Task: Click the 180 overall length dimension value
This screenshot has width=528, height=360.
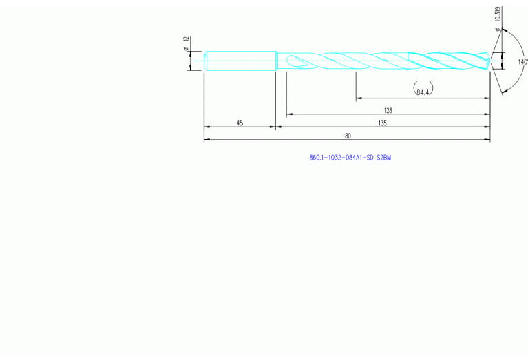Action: pos(347,136)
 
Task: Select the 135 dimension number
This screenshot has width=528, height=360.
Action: pos(383,123)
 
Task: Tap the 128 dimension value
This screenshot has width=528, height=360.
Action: pos(388,109)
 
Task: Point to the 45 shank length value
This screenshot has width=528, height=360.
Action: pos(240,123)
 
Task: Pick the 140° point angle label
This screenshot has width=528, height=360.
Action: pos(522,62)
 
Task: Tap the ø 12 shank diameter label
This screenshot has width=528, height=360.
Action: pos(187,45)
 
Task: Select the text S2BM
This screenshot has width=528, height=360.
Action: pos(383,158)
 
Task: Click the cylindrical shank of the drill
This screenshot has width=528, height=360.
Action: pos(241,60)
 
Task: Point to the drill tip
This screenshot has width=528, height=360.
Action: pos(489,61)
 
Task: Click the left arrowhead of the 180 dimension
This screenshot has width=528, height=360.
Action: pos(207,140)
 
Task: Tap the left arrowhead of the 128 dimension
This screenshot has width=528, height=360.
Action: pos(289,114)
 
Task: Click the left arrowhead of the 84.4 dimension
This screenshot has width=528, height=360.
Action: pos(358,98)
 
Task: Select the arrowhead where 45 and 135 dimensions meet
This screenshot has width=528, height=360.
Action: pos(276,127)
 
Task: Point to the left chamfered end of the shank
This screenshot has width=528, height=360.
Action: pos(206,60)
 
